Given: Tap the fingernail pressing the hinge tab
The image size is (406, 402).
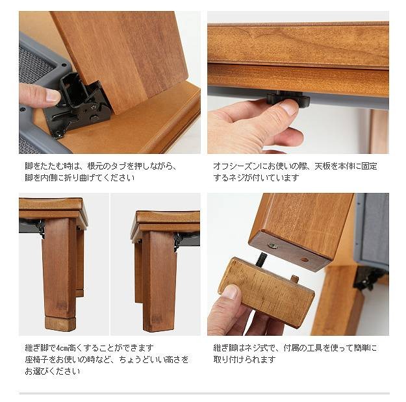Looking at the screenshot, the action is coord(53,95).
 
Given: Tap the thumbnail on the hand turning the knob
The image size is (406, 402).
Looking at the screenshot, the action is coord(288,107).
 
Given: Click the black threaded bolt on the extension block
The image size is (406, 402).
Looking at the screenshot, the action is coord(260,260).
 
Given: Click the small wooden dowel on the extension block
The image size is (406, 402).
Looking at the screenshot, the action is coord(294,279).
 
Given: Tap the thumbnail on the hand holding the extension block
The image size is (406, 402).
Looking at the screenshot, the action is coord(230,292).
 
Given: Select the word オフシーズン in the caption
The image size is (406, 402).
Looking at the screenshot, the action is coord(236,166).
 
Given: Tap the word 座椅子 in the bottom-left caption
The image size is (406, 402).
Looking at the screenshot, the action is coord(36,360).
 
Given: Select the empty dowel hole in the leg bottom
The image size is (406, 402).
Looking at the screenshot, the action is coord(304,259).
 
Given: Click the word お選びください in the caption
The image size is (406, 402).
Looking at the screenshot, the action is coord(53,371).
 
